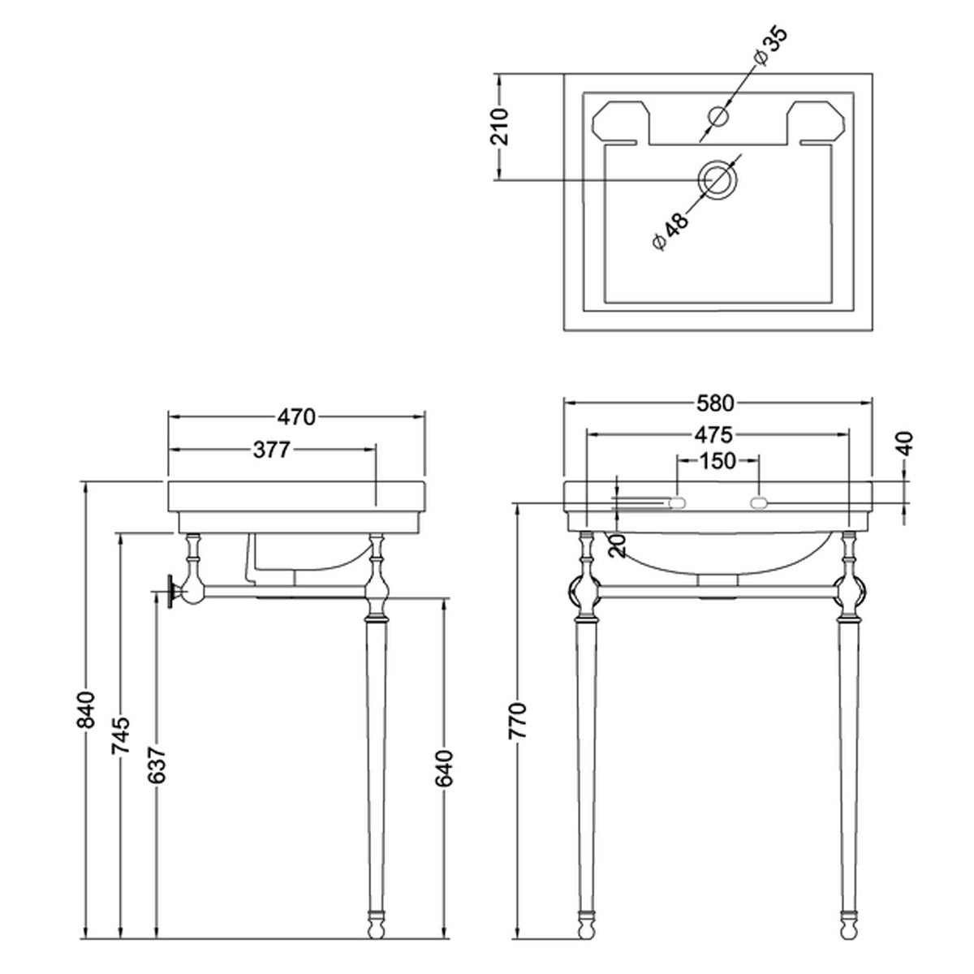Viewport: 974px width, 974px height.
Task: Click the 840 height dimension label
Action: pos(86,709)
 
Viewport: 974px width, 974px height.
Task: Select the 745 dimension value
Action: pos(121,735)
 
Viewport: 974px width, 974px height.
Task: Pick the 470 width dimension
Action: pos(296,417)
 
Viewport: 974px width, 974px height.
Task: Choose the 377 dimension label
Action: pos(272,450)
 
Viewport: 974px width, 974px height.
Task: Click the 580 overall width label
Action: pos(715,403)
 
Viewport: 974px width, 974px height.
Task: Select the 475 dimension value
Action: pos(713,434)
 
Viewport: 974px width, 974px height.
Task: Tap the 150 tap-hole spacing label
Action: pos(718,460)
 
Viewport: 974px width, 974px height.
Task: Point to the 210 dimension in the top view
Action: pos(500,127)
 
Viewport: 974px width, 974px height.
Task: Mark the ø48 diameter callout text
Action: pos(670,231)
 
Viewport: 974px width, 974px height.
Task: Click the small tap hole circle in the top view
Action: pos(718,116)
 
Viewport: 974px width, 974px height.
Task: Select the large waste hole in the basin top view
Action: pos(718,180)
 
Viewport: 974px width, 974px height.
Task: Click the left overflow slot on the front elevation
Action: pos(677,502)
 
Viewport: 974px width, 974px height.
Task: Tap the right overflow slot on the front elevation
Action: pos(759,502)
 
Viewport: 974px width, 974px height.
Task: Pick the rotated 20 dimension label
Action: pos(618,546)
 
